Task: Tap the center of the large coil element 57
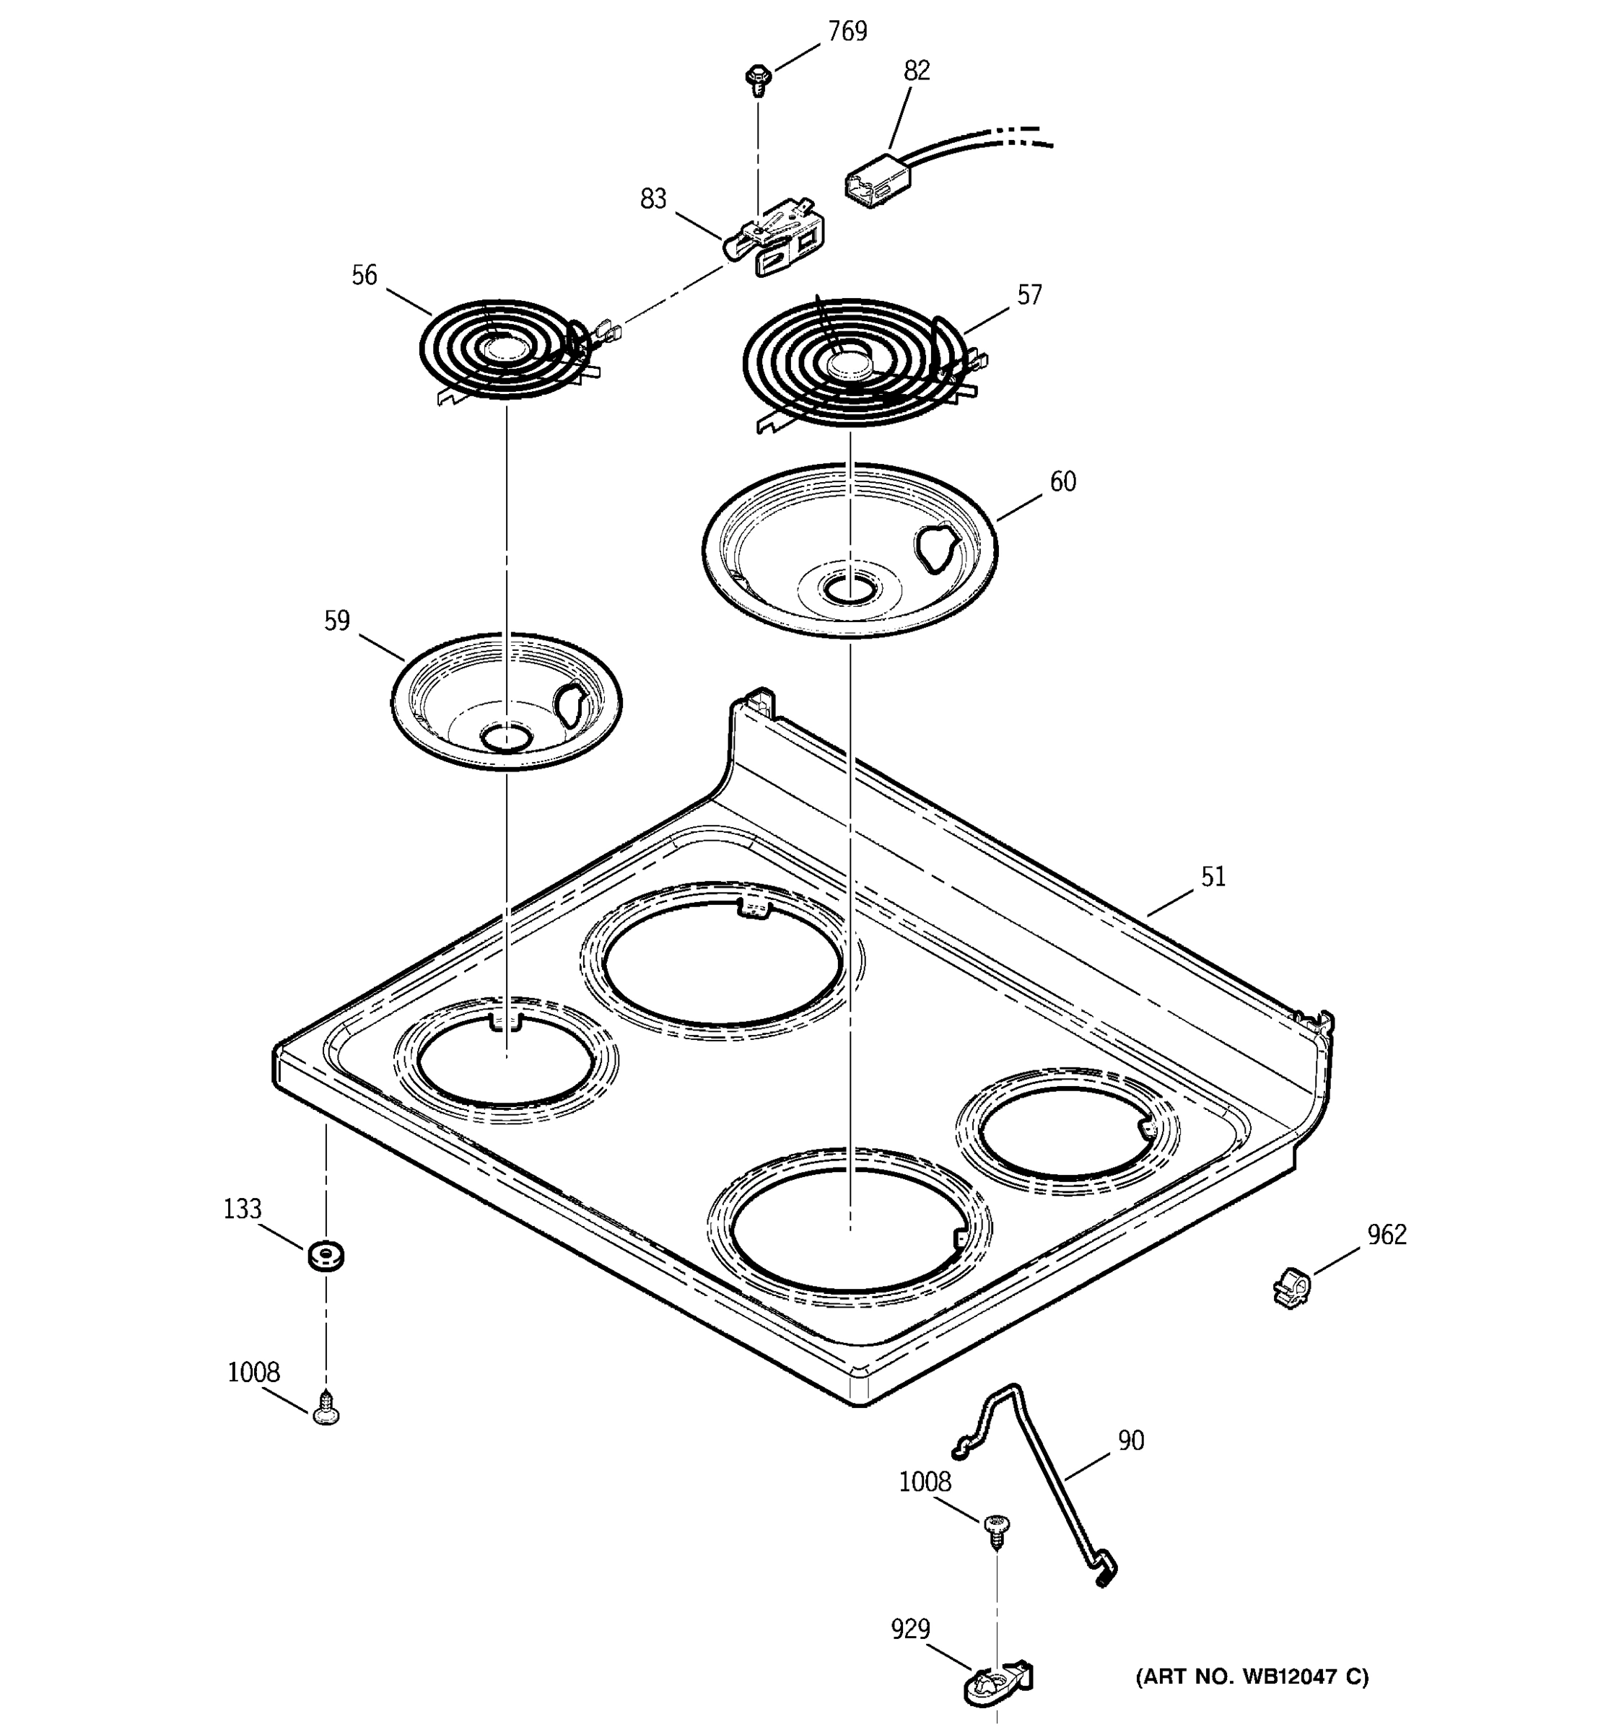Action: point(849,364)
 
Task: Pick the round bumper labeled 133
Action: point(325,1256)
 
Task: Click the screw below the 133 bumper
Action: point(326,1408)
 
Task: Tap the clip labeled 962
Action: point(1292,1287)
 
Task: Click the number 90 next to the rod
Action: point(1130,1441)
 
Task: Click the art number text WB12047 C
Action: point(1251,1676)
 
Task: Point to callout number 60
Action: point(1062,482)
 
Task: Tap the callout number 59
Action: point(337,621)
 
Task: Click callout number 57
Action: point(1029,295)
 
